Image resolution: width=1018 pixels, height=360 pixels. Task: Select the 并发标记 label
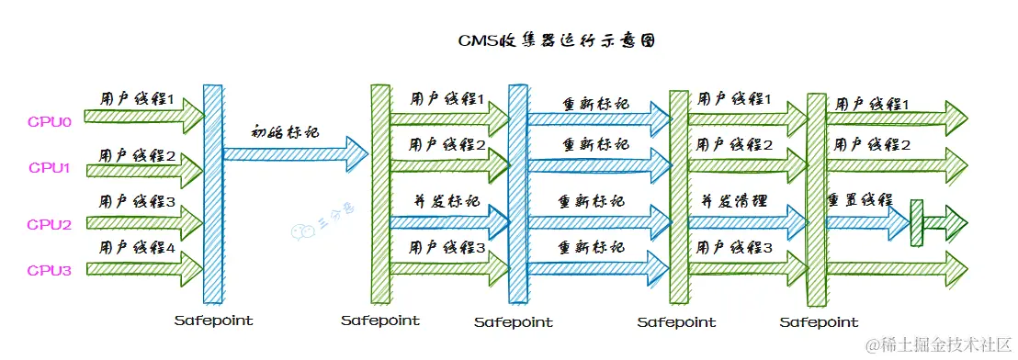pyautogui.click(x=447, y=201)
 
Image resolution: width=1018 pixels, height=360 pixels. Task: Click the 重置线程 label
pyautogui.click(x=859, y=200)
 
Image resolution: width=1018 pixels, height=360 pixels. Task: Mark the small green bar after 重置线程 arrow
pyautogui.click(x=915, y=222)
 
